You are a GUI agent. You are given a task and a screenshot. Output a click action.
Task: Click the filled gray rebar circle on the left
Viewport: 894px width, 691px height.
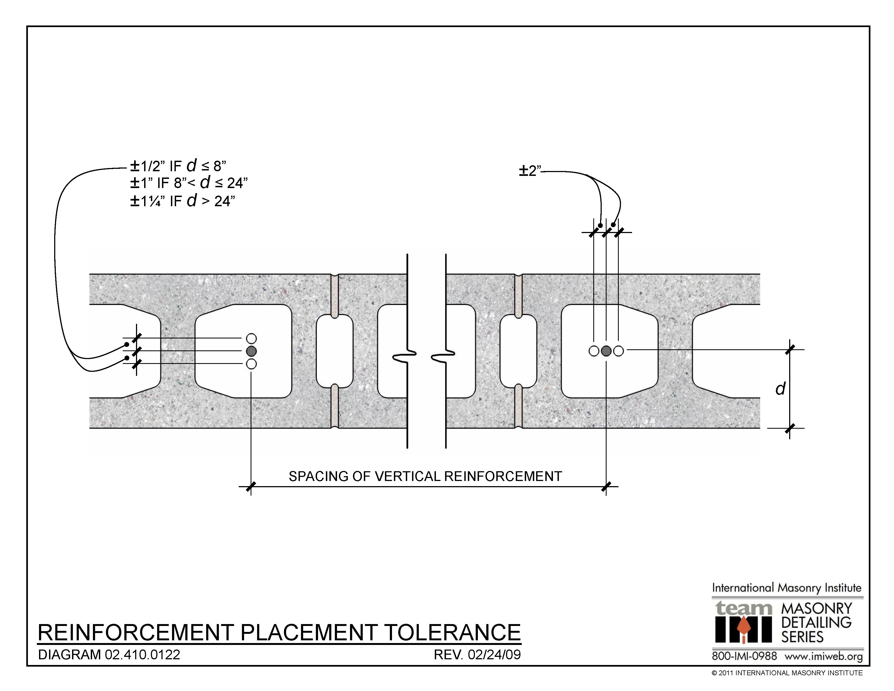click(251, 351)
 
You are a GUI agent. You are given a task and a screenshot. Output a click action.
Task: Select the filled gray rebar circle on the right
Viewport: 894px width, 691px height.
click(606, 351)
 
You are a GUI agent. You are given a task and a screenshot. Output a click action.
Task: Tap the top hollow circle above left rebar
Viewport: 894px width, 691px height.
click(251, 338)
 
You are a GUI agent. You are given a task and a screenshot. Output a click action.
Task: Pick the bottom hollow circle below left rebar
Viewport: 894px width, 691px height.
click(251, 363)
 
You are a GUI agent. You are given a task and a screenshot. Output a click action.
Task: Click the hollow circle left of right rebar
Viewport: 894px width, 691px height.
click(594, 351)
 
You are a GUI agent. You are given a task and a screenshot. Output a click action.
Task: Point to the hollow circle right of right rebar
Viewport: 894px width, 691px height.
click(618, 351)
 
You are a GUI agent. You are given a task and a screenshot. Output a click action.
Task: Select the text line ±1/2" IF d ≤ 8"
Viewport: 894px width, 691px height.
click(178, 166)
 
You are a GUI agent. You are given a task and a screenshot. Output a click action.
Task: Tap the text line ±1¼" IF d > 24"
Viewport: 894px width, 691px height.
click(183, 201)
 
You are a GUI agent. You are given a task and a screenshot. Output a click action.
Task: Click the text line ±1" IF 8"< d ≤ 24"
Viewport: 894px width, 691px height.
click(189, 183)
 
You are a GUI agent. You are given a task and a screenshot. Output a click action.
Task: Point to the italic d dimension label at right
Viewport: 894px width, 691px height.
click(780, 389)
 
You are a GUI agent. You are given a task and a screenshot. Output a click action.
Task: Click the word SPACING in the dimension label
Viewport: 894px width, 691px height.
click(317, 476)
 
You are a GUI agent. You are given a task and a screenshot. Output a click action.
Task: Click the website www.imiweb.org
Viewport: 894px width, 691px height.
click(824, 656)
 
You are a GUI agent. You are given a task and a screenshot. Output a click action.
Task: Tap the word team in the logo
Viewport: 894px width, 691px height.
click(743, 608)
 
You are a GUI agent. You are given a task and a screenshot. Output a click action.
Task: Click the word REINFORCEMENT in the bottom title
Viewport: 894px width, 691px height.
click(135, 632)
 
